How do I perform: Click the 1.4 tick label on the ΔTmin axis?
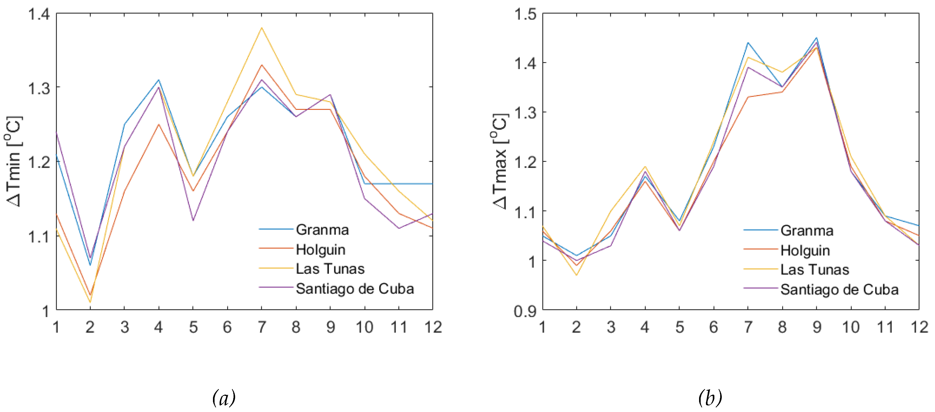pyautogui.click(x=39, y=14)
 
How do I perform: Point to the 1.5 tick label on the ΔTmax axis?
pyautogui.click(x=525, y=14)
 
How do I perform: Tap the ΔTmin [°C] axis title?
pyautogui.click(x=15, y=161)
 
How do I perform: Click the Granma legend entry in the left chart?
pyautogui.click(x=322, y=230)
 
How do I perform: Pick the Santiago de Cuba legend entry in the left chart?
pyautogui.click(x=355, y=289)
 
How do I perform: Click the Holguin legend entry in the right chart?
pyautogui.click(x=805, y=250)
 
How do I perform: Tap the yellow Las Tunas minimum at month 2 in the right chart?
pyautogui.click(x=576, y=275)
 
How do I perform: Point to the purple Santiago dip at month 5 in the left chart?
pyautogui.click(x=193, y=220)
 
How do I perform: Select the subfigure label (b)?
pyautogui.click(x=710, y=398)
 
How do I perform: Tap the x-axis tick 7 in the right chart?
pyautogui.click(x=748, y=327)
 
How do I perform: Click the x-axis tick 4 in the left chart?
pyautogui.click(x=159, y=327)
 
